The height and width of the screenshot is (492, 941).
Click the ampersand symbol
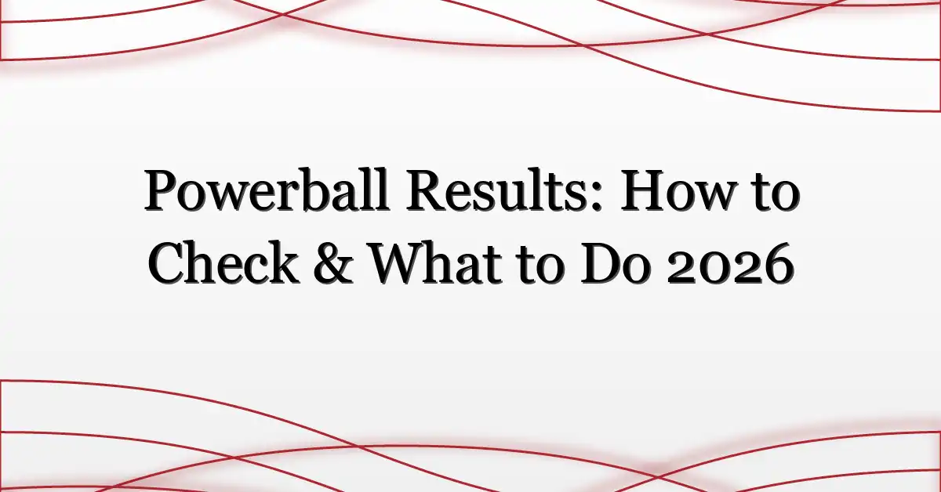click(333, 264)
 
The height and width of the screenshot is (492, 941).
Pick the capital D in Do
click(598, 265)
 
